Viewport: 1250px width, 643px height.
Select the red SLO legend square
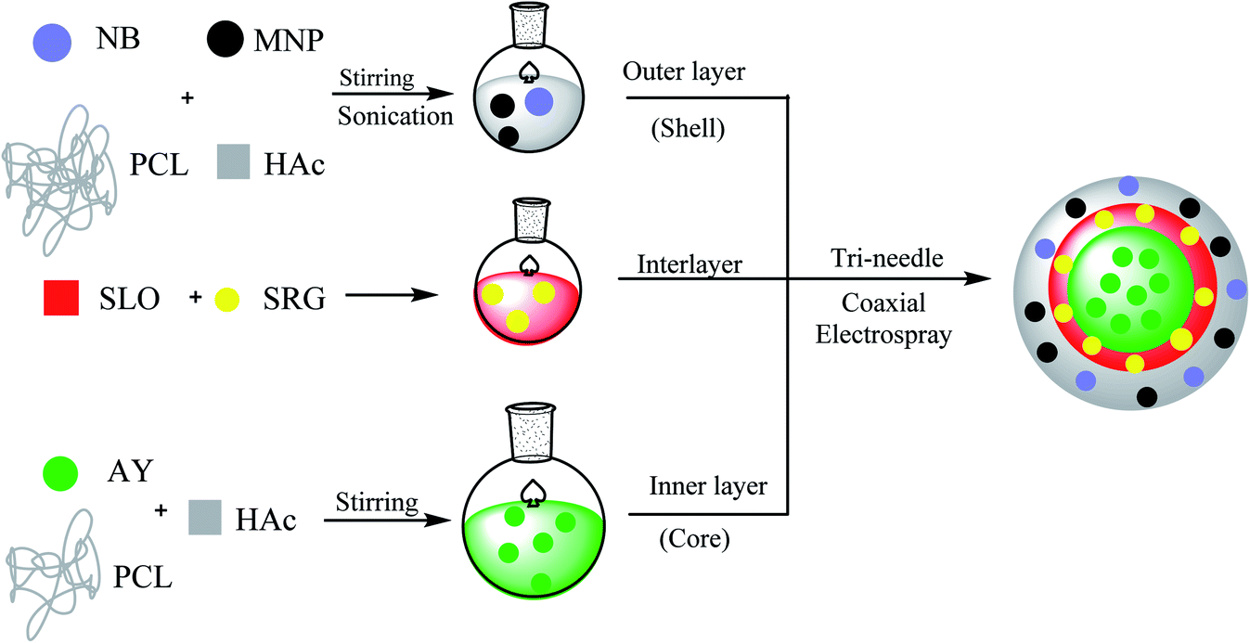pos(61,298)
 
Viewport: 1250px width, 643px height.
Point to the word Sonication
pos(395,115)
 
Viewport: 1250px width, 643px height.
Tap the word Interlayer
pos(689,264)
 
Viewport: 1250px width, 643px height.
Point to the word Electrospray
pos(883,334)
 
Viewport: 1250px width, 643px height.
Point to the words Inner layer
pos(696,485)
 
